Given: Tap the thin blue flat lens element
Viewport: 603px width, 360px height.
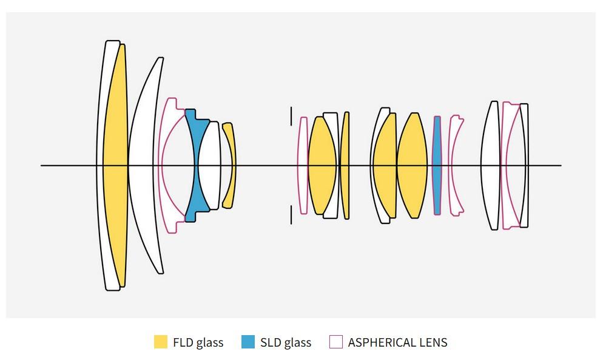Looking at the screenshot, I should tap(437, 165).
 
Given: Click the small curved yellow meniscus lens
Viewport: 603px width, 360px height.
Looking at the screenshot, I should tap(229, 165).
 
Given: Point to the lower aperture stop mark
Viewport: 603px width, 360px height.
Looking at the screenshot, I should tap(291, 215).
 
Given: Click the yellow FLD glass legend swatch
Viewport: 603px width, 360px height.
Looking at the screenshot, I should tap(161, 342).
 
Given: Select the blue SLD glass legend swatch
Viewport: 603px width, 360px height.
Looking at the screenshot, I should tap(248, 342).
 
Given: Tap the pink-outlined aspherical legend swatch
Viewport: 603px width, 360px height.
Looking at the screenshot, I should tap(336, 342).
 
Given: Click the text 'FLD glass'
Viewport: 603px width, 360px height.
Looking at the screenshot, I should tap(198, 342).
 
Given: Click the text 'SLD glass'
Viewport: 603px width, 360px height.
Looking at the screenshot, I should tap(286, 342).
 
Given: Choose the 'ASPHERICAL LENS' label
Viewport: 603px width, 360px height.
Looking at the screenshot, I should tap(397, 342).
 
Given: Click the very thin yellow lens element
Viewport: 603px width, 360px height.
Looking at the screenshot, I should tap(345, 165).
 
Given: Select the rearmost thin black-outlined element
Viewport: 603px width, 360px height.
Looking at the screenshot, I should tap(524, 165).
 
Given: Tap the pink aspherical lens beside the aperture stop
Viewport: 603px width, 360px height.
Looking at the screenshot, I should tap(303, 165).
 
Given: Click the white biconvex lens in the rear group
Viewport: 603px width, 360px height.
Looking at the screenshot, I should tap(490, 165).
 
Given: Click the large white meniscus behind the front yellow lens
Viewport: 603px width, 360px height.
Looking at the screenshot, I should tap(144, 165).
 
